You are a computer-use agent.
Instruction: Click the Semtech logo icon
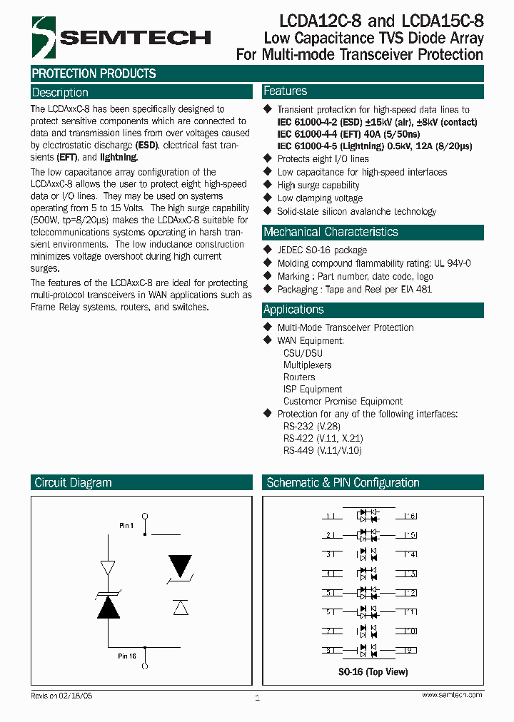44,36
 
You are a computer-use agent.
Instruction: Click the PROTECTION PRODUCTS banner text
94,73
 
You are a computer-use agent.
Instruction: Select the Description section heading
60,93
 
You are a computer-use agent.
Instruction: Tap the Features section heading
286,91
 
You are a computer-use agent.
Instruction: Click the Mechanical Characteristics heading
331,232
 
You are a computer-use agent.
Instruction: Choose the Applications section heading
293,310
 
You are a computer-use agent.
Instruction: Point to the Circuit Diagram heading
73,482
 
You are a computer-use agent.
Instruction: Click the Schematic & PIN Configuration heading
343,482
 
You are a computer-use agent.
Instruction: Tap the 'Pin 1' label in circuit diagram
126,526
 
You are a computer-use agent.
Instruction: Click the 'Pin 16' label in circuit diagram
127,656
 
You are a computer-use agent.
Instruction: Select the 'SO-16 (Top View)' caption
373,672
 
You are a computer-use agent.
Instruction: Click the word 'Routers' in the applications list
299,377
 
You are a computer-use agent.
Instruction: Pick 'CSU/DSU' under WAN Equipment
303,352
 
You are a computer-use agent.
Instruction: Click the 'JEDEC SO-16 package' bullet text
322,250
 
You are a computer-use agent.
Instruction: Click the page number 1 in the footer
257,698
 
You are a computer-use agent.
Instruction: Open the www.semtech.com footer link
452,695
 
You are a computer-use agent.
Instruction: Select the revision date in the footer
62,695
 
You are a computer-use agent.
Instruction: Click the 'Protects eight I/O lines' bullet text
323,159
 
